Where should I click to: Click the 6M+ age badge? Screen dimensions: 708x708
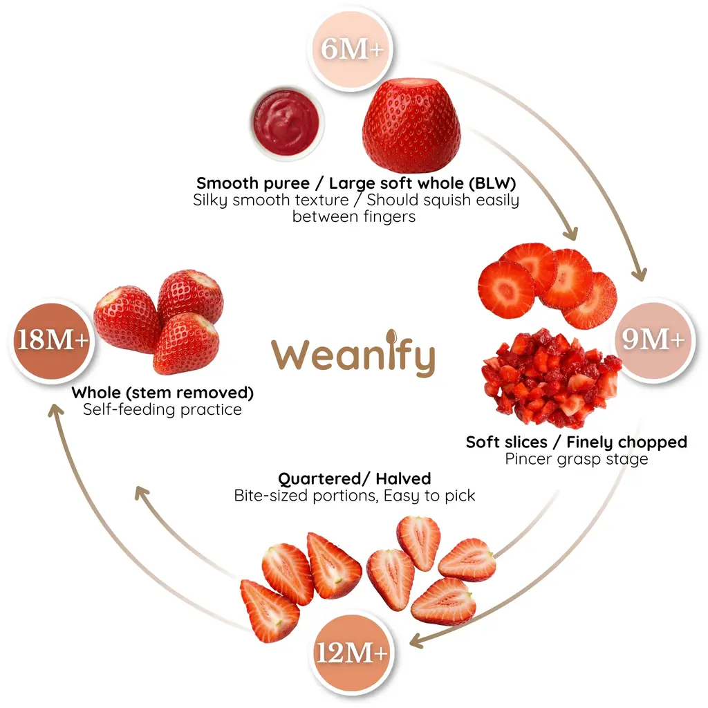point(351,49)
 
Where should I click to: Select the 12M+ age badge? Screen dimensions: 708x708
point(351,653)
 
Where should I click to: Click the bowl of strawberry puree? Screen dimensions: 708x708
point(286,122)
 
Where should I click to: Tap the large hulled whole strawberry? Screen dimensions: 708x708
point(411,125)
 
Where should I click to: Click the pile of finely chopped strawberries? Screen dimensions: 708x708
point(551,378)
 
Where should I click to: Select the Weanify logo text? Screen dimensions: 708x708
point(353,355)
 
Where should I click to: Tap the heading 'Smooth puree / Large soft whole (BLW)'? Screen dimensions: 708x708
point(356,183)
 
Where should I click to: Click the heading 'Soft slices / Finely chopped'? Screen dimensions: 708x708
point(576,442)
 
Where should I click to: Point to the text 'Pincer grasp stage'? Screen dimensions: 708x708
point(576,459)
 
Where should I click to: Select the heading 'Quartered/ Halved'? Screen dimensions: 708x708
point(355,478)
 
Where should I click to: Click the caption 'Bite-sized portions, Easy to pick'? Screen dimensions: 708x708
point(355,496)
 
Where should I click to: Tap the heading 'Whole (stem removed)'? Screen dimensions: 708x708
point(162,393)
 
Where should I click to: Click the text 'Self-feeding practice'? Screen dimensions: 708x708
point(162,409)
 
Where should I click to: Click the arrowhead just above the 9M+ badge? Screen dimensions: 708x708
point(640,272)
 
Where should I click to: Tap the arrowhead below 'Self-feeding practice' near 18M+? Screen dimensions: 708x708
point(55,411)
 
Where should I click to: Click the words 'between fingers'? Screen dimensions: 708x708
point(354,216)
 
